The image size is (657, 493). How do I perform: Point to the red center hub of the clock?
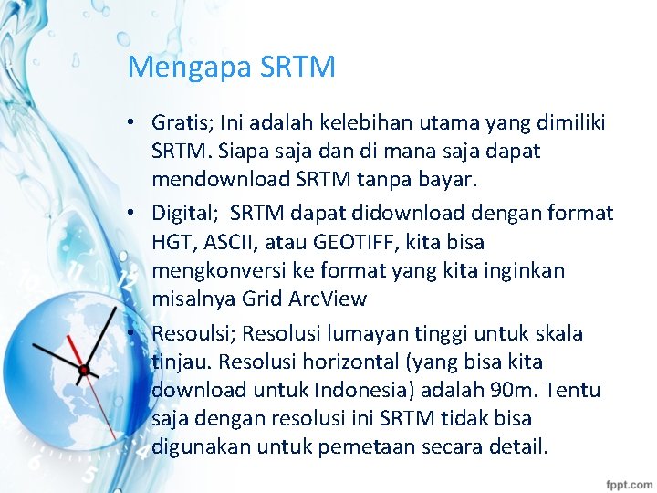coord(84,370)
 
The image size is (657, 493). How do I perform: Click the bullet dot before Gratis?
coord(133,123)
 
